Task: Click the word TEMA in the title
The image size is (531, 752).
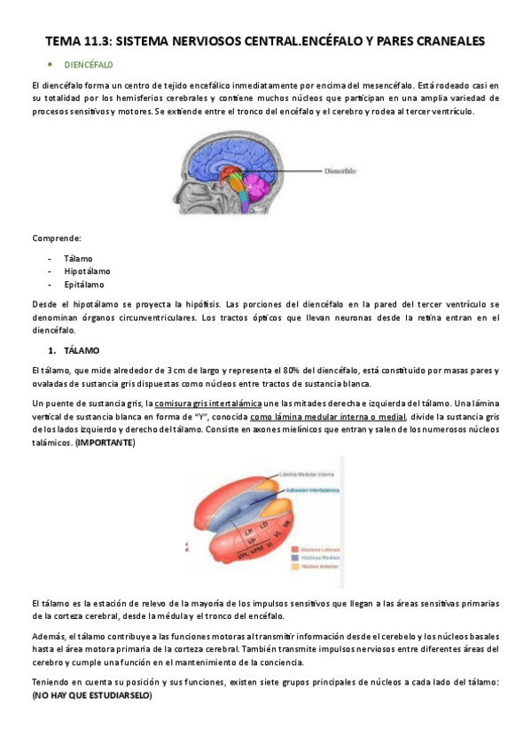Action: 63,42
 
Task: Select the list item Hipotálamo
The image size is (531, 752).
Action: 87,271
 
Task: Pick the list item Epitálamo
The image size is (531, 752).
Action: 83,285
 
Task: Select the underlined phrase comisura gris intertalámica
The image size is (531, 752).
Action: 209,403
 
